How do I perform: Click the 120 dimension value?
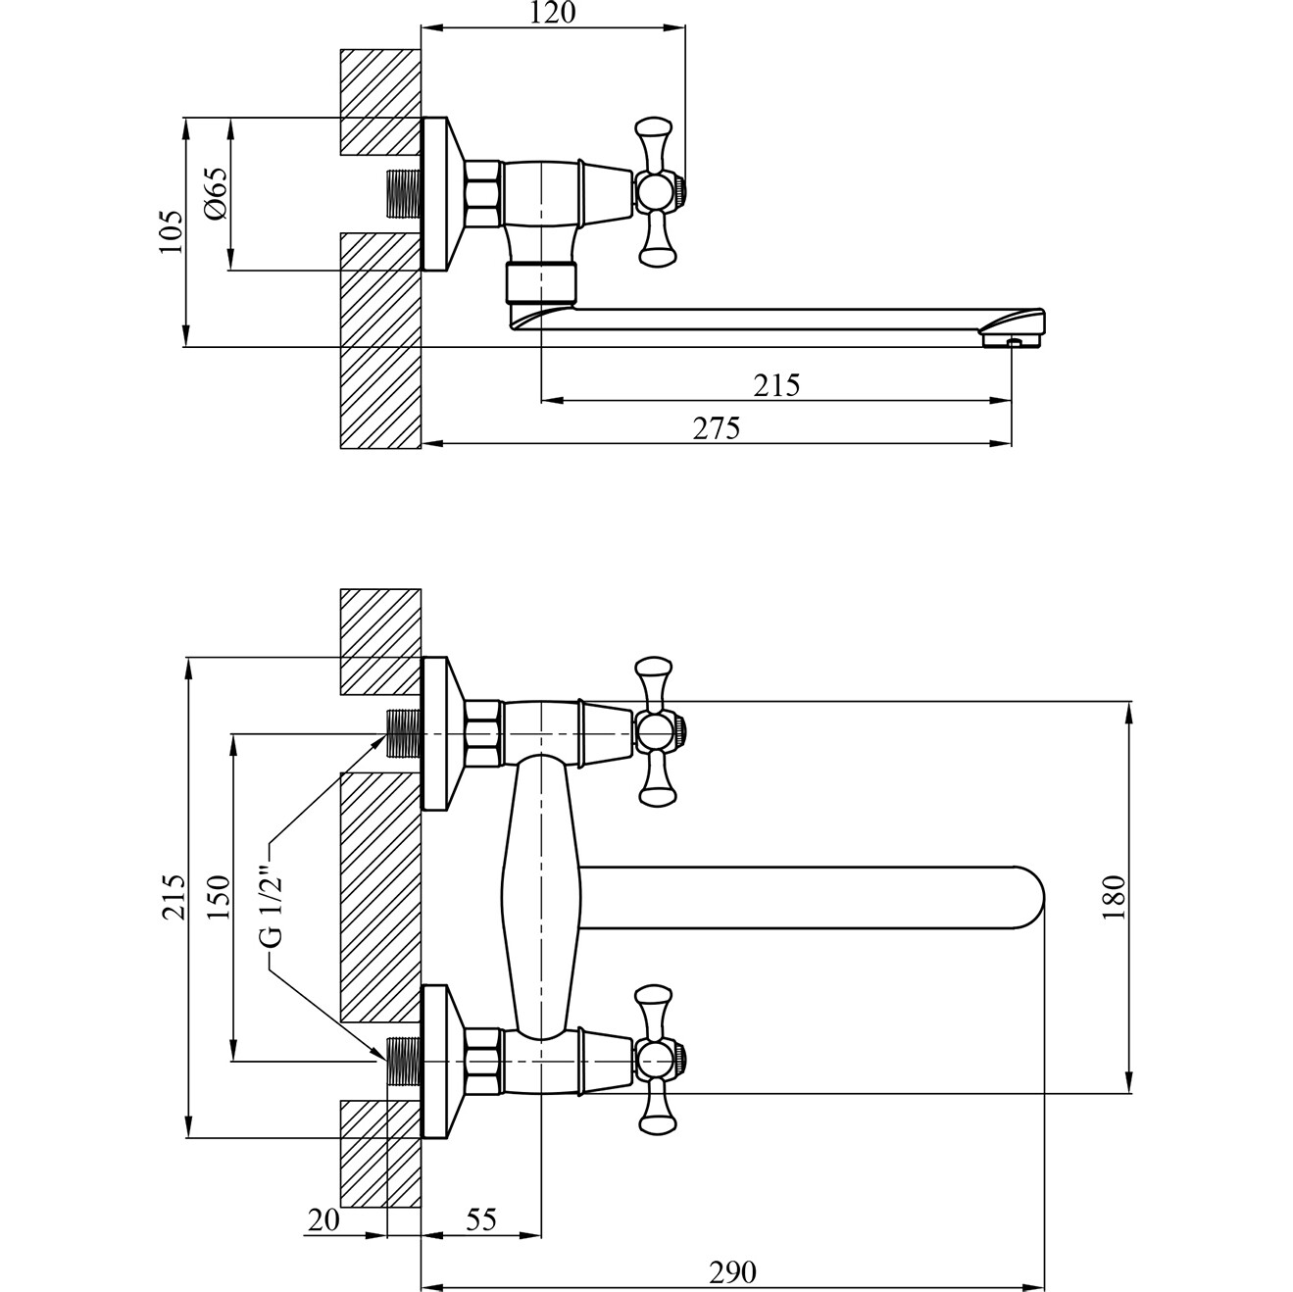(x=552, y=13)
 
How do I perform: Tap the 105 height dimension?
(x=171, y=231)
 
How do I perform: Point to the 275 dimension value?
(x=716, y=428)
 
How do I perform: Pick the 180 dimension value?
(x=1114, y=897)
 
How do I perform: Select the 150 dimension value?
(x=219, y=897)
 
